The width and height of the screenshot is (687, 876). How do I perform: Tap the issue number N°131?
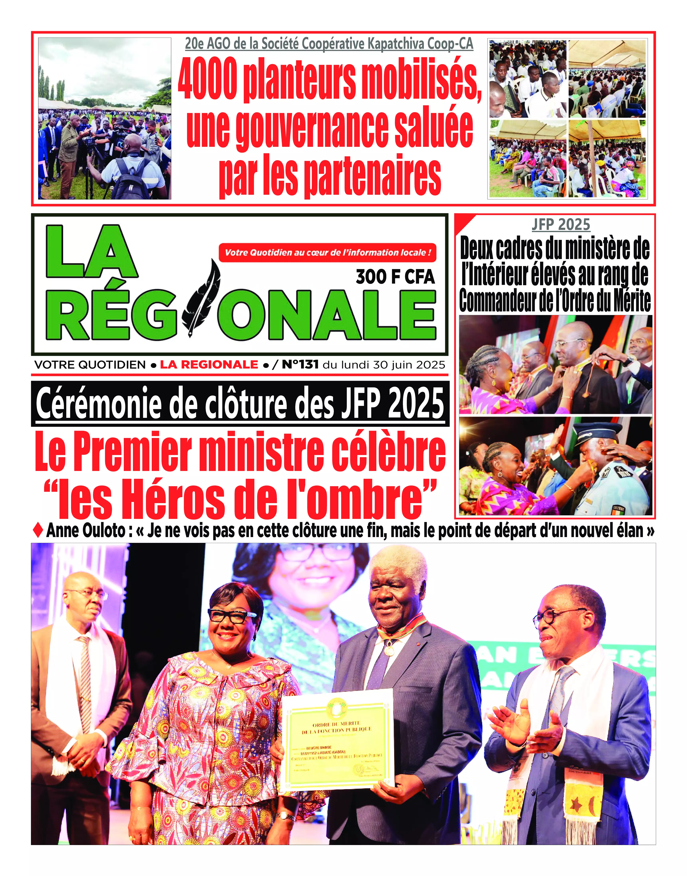300,365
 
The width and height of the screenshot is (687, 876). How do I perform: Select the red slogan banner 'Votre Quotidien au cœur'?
327,253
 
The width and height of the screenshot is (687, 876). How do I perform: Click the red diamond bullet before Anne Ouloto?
38,530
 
